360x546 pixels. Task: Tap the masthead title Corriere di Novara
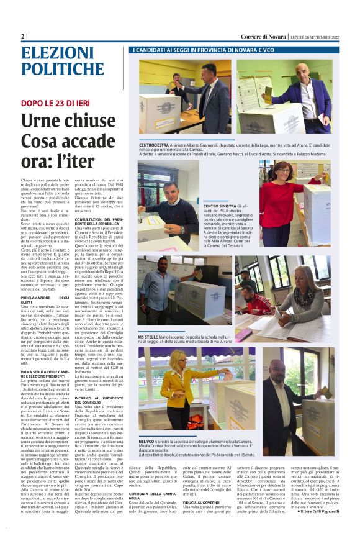(263, 37)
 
